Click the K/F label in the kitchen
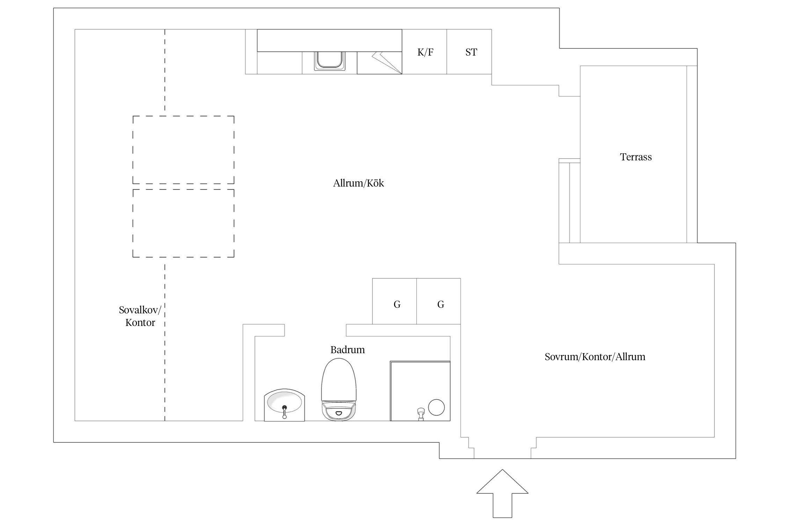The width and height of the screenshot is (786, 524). tap(425, 52)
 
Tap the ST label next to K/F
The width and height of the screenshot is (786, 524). tap(471, 52)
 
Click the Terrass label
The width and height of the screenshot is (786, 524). tap(636, 157)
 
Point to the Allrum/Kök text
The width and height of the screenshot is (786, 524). tap(358, 183)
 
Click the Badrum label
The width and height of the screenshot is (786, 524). tap(348, 350)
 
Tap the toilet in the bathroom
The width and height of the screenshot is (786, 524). tap(339, 390)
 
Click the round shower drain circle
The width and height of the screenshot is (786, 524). tap(436, 407)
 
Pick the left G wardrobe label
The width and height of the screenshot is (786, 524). tap(397, 305)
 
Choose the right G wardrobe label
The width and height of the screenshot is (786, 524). tap(441, 305)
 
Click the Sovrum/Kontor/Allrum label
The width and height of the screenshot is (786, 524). tap(595, 357)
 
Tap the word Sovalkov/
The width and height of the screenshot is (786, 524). tap(140, 310)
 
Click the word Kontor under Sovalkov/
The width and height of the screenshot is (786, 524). tap(140, 322)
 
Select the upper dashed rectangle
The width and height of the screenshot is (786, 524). tap(183, 150)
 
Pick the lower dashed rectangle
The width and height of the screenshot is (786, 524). tap(183, 223)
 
